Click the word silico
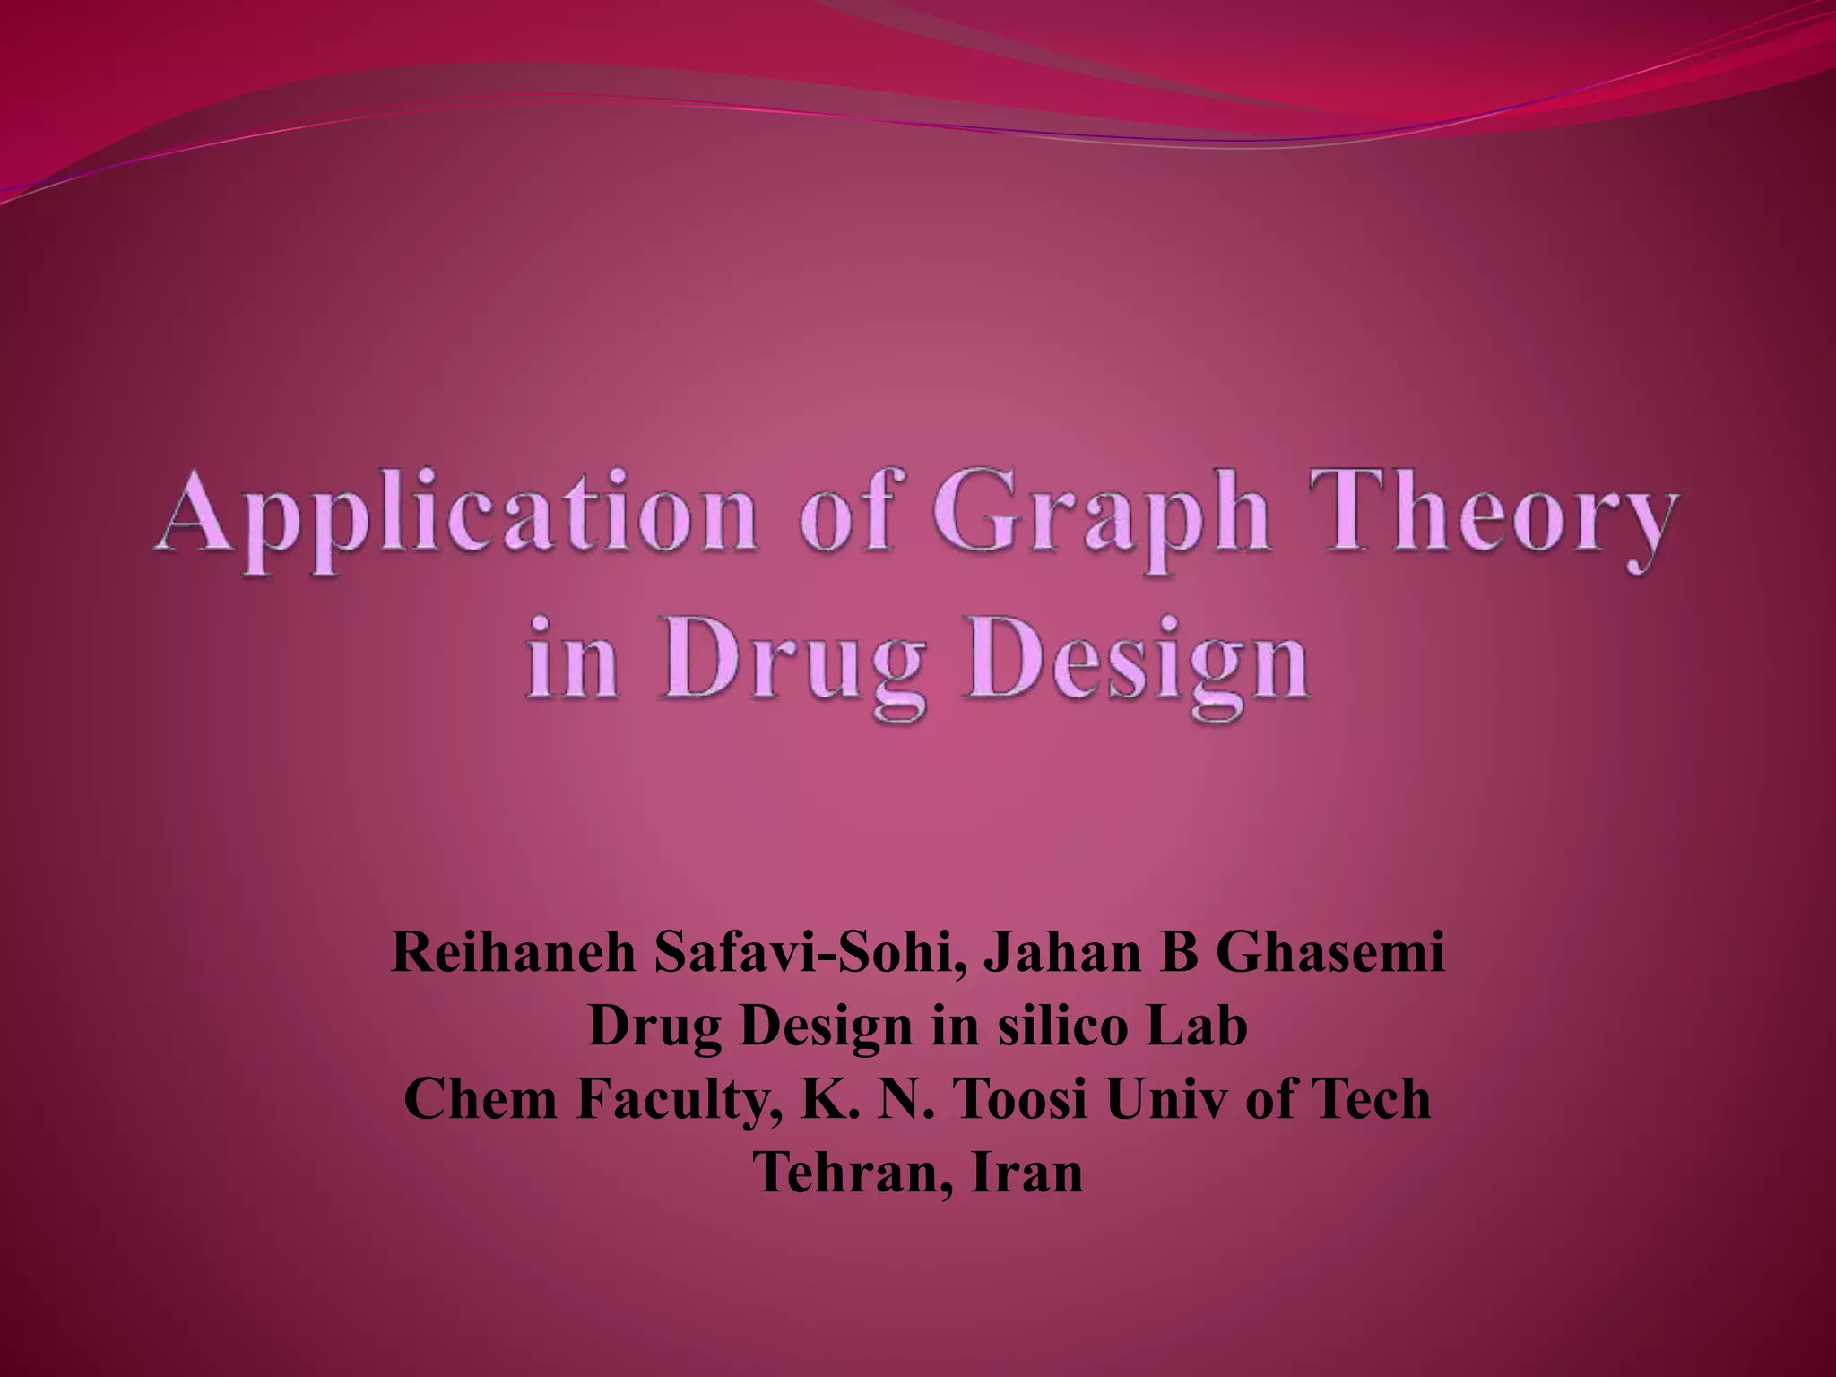[1061, 1026]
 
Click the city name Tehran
[855, 1173]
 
